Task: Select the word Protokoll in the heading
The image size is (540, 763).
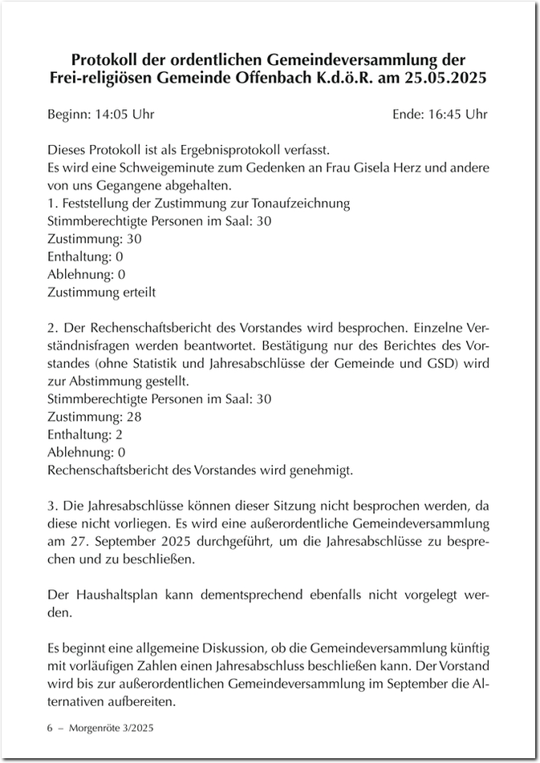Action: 108,60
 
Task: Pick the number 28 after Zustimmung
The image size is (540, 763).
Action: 133,416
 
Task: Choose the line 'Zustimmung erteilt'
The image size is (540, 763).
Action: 102,292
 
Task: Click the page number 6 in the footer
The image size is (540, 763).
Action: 51,729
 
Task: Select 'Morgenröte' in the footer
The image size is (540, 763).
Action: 95,729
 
